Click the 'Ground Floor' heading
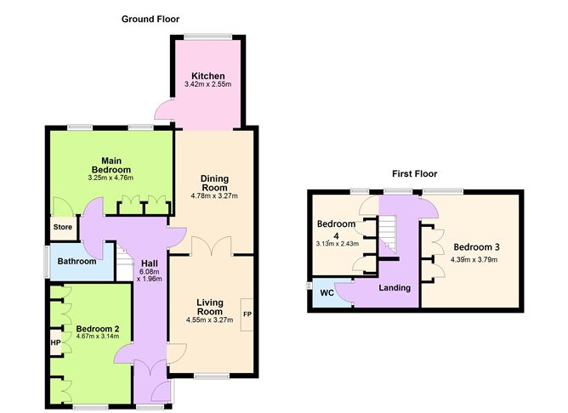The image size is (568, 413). [150, 19]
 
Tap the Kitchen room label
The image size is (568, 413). [207, 76]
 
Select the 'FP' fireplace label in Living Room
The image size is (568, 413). [247, 314]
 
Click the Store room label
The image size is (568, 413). [62, 227]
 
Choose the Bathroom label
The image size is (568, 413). [77, 261]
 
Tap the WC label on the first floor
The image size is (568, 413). [327, 293]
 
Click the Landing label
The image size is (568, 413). [395, 288]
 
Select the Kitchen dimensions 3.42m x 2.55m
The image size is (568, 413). [207, 86]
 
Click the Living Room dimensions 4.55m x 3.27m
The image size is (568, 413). [208, 320]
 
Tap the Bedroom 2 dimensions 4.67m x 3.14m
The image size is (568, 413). [97, 337]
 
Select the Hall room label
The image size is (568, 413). [150, 263]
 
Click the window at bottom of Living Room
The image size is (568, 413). [210, 376]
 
